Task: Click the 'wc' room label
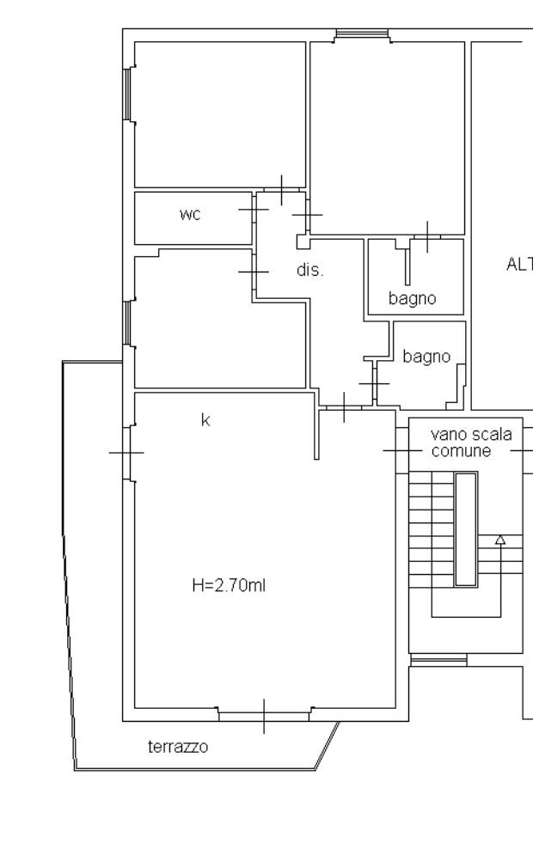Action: (x=190, y=214)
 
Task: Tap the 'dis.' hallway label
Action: (x=309, y=270)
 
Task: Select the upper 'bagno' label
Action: (x=412, y=299)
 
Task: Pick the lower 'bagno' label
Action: (x=426, y=357)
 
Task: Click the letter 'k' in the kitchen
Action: (x=205, y=420)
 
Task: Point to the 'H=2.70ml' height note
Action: (x=230, y=585)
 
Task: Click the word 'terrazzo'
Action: (x=178, y=747)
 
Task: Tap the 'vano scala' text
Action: (x=471, y=434)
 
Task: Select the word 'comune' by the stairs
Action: (x=461, y=451)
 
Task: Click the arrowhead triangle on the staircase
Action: (x=500, y=540)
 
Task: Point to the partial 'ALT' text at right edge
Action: (x=519, y=264)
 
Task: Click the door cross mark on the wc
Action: (x=254, y=209)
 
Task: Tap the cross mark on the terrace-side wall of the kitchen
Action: (x=126, y=453)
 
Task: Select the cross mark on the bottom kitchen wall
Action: (x=264, y=716)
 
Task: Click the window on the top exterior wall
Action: (x=362, y=34)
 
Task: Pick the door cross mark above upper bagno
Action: (x=427, y=237)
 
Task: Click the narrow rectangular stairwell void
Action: (x=466, y=528)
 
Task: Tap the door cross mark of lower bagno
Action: (x=374, y=383)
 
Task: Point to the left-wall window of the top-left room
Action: (x=129, y=95)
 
